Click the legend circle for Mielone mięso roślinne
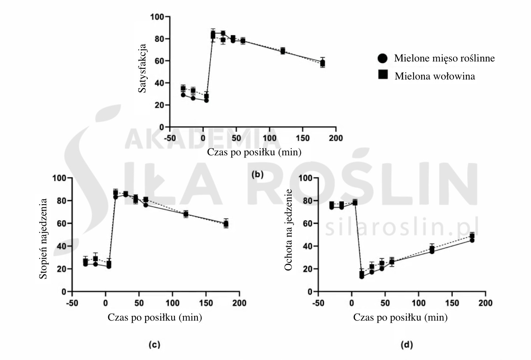[383, 58]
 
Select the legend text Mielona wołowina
[435, 76]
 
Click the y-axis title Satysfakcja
[143, 68]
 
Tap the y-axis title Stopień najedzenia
[43, 239]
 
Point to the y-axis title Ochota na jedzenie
[288, 230]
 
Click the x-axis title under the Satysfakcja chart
[254, 152]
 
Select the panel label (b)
[257, 174]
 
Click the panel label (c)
[154, 345]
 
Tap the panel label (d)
[407, 345]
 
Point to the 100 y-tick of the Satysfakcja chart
[157, 17]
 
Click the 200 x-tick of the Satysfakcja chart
[335, 138]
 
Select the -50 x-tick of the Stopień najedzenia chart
[72, 303]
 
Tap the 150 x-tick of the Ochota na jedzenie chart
[452, 303]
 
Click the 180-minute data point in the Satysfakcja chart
[323, 63]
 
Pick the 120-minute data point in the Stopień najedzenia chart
[186, 214]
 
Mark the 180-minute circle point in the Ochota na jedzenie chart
[472, 240]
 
